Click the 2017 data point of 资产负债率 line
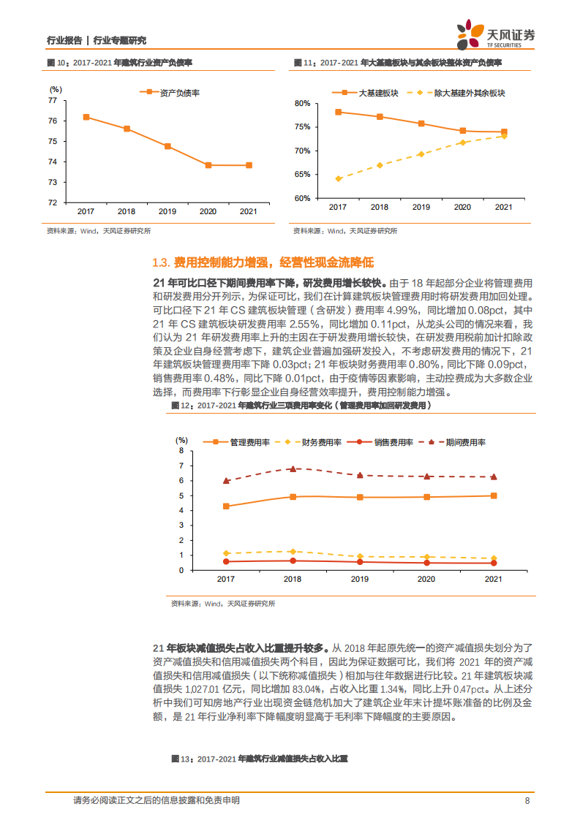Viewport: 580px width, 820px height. click(86, 117)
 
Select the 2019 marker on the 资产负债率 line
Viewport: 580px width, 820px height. click(167, 146)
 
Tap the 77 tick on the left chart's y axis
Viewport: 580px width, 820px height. click(53, 100)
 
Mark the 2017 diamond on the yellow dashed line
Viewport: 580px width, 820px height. click(339, 178)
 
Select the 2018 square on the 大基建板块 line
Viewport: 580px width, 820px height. click(380, 117)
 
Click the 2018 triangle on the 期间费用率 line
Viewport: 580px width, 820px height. click(293, 468)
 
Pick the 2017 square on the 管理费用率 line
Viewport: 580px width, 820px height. click(226, 506)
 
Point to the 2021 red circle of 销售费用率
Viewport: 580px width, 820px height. click(494, 563)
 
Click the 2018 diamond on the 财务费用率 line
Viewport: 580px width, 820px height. click(293, 551)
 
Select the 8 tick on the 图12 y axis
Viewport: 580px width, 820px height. click(181, 451)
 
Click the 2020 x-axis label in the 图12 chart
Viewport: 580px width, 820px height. click(426, 578)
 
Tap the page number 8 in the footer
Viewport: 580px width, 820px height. click(527, 800)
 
